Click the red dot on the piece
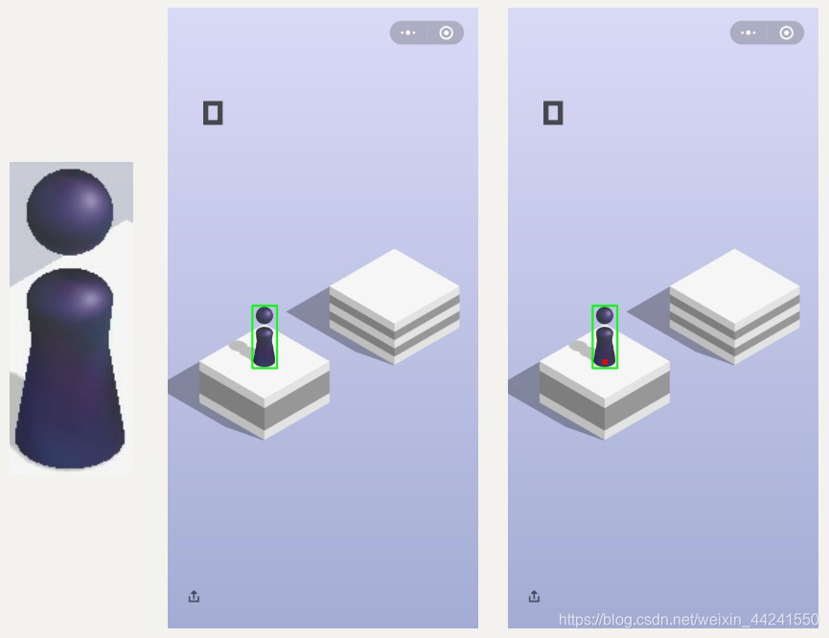(605, 362)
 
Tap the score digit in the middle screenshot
(213, 113)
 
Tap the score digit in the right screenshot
(553, 113)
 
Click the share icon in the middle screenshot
(194, 596)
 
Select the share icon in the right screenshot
(534, 596)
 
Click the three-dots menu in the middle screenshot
(408, 33)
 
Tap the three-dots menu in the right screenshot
(748, 33)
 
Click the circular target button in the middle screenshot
(447, 33)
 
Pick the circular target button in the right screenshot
(786, 33)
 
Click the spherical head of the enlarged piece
(70, 212)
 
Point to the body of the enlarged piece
(70, 370)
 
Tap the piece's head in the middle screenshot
(265, 315)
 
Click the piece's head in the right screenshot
(605, 315)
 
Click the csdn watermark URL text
(688, 619)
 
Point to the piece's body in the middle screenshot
(265, 347)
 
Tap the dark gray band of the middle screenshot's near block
(265, 400)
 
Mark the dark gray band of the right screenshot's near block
(605, 400)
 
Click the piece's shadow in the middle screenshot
(242, 349)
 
